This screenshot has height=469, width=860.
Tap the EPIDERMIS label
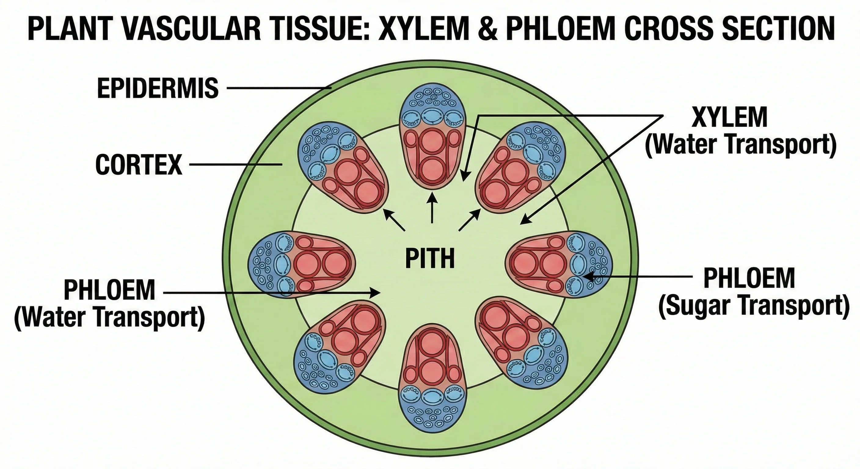point(158,88)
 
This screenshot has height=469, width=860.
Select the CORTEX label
point(139,165)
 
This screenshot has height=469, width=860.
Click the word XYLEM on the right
point(729,117)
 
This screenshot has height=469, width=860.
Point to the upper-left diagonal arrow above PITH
point(394,219)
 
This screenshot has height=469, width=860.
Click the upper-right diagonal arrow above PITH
point(470,219)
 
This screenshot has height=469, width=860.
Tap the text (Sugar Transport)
point(753,306)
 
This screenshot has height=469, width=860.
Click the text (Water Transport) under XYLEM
point(741,144)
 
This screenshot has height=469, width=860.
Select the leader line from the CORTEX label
point(235,165)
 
